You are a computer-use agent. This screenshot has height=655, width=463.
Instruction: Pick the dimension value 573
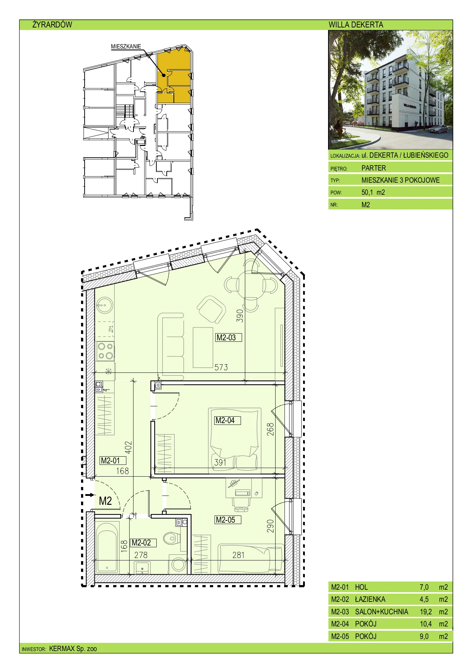[x=221, y=367]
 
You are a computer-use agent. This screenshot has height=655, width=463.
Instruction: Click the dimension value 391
[x=220, y=462]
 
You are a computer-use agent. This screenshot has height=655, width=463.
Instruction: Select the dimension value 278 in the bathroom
[x=141, y=555]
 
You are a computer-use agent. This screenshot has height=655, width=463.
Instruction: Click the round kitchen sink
[x=105, y=305]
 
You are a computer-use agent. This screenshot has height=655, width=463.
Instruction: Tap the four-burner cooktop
[x=105, y=351]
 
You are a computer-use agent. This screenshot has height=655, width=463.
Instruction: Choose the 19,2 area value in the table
[x=426, y=612]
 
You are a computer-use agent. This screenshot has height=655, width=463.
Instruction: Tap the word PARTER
[x=373, y=168]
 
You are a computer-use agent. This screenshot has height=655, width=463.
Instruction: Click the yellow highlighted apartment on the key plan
[x=174, y=77]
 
